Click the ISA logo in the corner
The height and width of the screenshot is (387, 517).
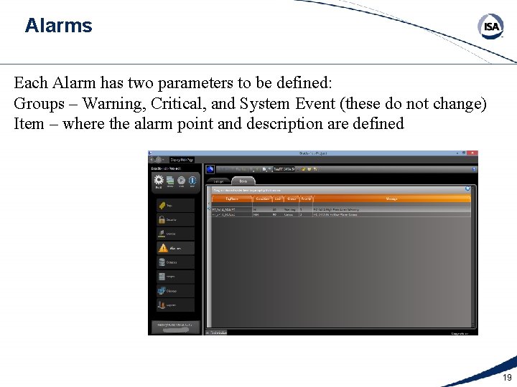pos(491,27)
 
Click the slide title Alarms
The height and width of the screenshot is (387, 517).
pos(58,26)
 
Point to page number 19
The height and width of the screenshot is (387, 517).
pos(507,378)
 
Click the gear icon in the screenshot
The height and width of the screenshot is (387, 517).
pos(158,181)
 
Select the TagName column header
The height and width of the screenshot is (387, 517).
pos(231,199)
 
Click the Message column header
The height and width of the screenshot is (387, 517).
pos(391,199)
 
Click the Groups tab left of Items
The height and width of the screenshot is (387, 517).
pos(219,181)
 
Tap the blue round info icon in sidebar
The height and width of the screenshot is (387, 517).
pos(192,181)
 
